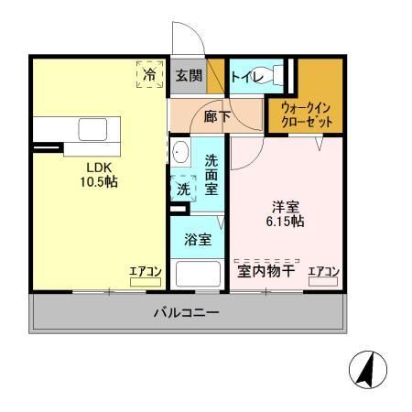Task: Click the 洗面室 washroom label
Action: [211, 173]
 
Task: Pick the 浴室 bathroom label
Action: [198, 240]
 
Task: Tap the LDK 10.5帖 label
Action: [102, 175]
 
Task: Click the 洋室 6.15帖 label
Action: [287, 213]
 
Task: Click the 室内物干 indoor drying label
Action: [266, 271]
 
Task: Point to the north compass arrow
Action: [369, 370]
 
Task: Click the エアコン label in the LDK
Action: [144, 271]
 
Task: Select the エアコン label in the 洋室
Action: [323, 271]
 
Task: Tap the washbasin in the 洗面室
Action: [179, 152]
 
